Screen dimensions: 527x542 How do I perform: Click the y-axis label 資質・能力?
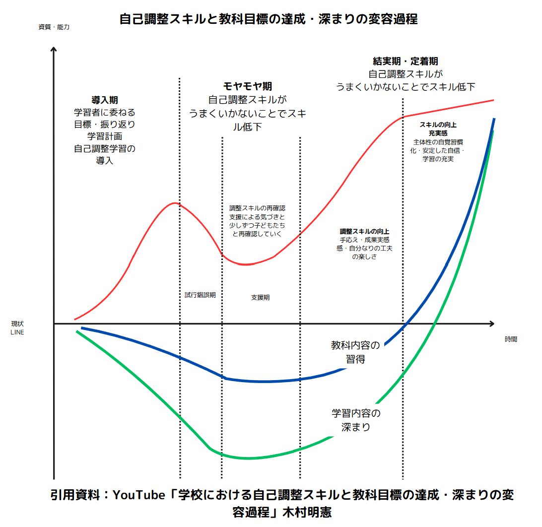tap(54, 27)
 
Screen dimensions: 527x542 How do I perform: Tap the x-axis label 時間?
tap(511, 339)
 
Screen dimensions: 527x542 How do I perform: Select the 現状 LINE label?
tap(17, 328)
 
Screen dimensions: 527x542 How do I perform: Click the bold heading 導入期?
tap(104, 100)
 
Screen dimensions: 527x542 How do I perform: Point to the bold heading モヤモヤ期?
tap(247, 86)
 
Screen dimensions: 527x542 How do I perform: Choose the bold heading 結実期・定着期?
tap(405, 62)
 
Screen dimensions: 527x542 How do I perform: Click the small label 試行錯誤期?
tap(200, 295)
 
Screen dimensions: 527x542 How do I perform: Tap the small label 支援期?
tap(260, 298)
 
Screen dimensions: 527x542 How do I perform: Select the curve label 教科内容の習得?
tap(355, 352)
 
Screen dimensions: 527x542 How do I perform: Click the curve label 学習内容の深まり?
tap(356, 420)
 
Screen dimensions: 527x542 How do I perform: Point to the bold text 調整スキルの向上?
tap(364, 231)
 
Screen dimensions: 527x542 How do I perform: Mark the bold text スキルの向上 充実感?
tap(438, 129)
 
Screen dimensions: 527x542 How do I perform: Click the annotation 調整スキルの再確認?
tap(257, 208)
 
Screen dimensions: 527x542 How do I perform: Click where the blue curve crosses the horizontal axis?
tap(406, 324)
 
